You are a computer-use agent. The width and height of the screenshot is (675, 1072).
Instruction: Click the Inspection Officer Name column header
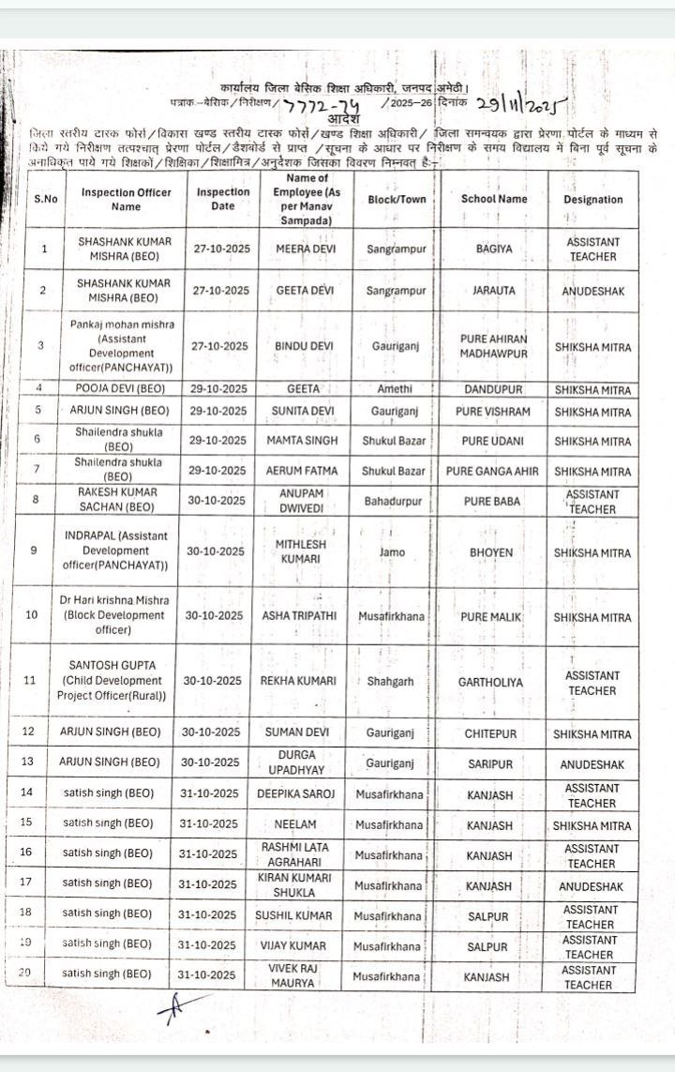pos(126,199)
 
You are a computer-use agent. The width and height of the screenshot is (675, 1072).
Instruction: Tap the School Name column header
pos(494,199)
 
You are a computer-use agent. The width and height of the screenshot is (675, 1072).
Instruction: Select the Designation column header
pos(592,200)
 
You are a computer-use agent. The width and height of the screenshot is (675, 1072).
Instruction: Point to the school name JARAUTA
pos(494,291)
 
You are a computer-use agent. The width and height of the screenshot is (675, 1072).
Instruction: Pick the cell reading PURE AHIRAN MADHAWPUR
pos(494,346)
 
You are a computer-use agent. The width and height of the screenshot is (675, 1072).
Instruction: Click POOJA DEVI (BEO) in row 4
pos(126,388)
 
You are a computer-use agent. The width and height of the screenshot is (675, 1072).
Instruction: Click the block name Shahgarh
pos(391,683)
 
